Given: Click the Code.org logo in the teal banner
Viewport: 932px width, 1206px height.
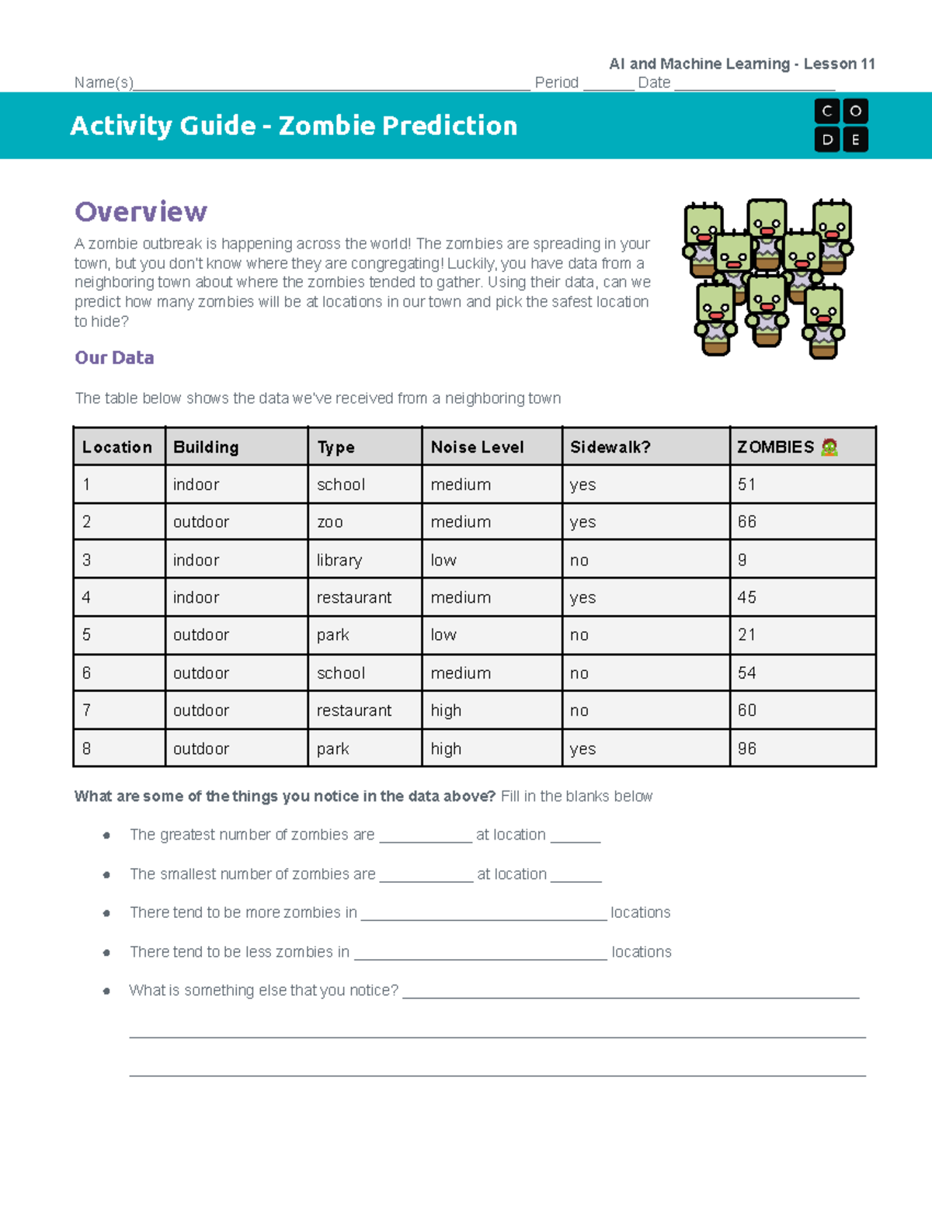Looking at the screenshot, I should pyautogui.click(x=841, y=126).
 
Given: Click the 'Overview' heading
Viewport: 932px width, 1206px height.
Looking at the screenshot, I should pyautogui.click(x=141, y=212).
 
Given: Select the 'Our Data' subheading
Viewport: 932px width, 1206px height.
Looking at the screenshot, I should pyautogui.click(x=114, y=358).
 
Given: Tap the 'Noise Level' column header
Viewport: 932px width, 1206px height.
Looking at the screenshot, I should pyautogui.click(x=477, y=447).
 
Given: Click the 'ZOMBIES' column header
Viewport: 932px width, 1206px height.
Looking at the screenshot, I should pyautogui.click(x=775, y=447).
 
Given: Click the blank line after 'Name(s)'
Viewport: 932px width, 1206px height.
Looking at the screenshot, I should pyautogui.click(x=332, y=84).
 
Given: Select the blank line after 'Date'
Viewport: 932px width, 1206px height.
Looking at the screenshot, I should pyautogui.click(x=754, y=84).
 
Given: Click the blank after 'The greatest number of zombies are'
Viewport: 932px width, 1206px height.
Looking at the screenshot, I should pyautogui.click(x=426, y=836).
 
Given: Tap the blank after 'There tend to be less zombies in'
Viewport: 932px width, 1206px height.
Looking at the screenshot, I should pyautogui.click(x=480, y=953).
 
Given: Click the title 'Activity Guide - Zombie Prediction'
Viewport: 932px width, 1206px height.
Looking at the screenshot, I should pyautogui.click(x=294, y=126).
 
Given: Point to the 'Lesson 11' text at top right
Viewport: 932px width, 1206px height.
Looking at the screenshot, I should pyautogui.click(x=839, y=64).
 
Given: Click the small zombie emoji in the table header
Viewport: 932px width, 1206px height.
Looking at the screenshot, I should pyautogui.click(x=829, y=447).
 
